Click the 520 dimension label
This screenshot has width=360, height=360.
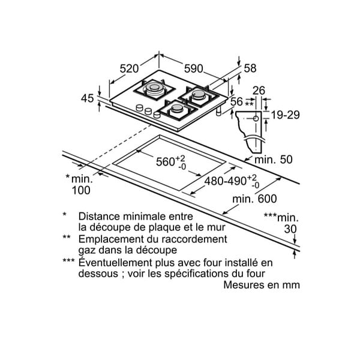pyautogui.click(x=129, y=68)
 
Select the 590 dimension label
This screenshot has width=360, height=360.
pyautogui.click(x=194, y=68)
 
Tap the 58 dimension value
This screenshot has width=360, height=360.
pyautogui.click(x=250, y=68)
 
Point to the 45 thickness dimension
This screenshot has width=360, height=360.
pyautogui.click(x=87, y=98)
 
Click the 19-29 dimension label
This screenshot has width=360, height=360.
pyautogui.click(x=286, y=115)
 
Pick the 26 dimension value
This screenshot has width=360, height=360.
pyautogui.click(x=259, y=91)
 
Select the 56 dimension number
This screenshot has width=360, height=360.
pyautogui.click(x=236, y=101)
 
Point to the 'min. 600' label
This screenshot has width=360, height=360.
pyautogui.click(x=254, y=199)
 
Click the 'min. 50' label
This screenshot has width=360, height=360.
pyautogui.click(x=274, y=160)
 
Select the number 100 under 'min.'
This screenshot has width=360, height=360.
pyautogui.click(x=81, y=190)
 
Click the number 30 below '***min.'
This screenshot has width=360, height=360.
pyautogui.click(x=290, y=229)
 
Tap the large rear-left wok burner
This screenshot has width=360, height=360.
pyautogui.click(x=155, y=89)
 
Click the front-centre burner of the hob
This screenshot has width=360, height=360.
pyautogui.click(x=177, y=110)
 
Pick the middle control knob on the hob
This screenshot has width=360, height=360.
pyautogui.click(x=148, y=112)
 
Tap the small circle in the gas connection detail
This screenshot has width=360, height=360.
pyautogui.click(x=256, y=118)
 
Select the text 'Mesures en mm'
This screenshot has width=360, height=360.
pyautogui.click(x=262, y=285)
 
